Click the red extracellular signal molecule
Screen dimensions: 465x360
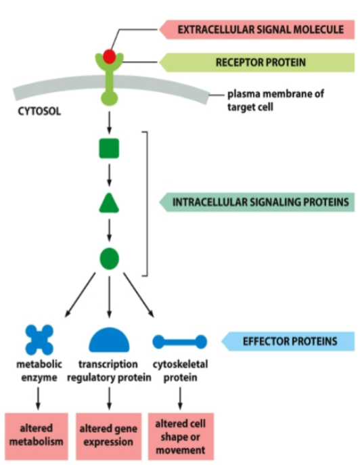point(109,56)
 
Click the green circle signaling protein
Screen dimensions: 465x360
point(109,258)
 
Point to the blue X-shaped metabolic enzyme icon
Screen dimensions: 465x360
point(39,339)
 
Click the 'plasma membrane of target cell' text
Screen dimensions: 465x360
point(274,100)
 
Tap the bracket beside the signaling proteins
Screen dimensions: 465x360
point(145,204)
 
